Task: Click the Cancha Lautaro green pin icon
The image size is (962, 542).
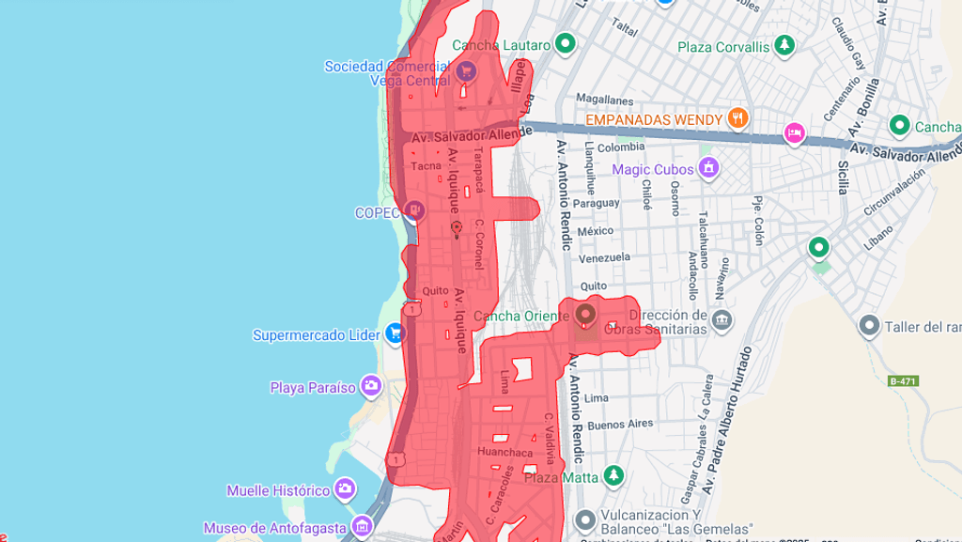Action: click(565, 43)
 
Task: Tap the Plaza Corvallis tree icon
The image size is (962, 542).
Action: click(784, 45)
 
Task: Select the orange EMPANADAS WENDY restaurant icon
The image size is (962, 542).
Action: click(738, 118)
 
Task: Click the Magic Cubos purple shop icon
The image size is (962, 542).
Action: click(708, 168)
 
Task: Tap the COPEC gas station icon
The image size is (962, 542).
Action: click(414, 211)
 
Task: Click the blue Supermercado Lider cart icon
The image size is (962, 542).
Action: click(396, 333)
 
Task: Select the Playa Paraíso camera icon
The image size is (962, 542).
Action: click(371, 386)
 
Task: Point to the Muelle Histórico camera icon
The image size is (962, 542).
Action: click(345, 489)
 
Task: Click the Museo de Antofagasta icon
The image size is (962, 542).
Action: click(362, 526)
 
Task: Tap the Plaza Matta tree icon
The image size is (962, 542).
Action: click(613, 476)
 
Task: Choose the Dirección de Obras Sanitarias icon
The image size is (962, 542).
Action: click(721, 320)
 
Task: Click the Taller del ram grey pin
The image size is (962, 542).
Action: click(869, 326)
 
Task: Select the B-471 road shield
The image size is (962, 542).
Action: click(903, 380)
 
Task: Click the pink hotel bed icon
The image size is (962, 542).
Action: click(795, 134)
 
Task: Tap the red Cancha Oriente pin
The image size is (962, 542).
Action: click(585, 314)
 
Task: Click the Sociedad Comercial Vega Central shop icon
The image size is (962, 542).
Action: click(465, 70)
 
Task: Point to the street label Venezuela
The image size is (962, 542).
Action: click(604, 257)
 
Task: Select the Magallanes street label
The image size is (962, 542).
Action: click(605, 99)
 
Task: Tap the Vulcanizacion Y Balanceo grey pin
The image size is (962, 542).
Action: click(585, 519)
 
